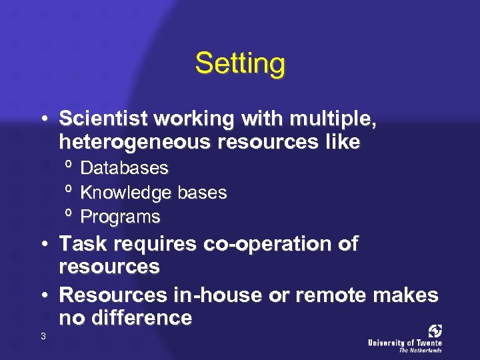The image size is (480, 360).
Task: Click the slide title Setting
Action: [240, 65]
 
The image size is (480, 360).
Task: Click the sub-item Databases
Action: [124, 168]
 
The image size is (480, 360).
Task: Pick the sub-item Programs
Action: [120, 217]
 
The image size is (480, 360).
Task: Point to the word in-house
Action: [201, 295]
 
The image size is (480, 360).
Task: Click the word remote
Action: [321, 295]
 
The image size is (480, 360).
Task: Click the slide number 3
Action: [43, 336]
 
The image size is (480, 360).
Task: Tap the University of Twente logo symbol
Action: [435, 331]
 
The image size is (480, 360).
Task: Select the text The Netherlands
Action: [420, 350]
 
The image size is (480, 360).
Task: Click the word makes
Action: [408, 295]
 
